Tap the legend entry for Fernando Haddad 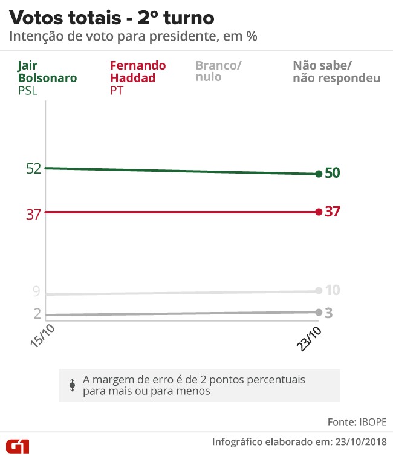[x=138, y=71]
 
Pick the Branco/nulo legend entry [x=218, y=71]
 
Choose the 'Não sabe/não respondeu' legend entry [x=336, y=71]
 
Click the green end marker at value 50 [x=318, y=174]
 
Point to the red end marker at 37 [x=318, y=212]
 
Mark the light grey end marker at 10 [x=318, y=291]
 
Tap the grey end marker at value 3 [x=318, y=312]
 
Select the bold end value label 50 [x=333, y=173]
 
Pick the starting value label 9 [x=36, y=292]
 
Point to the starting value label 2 [x=37, y=314]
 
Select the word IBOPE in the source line [x=373, y=421]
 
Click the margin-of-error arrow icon [x=73, y=384]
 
